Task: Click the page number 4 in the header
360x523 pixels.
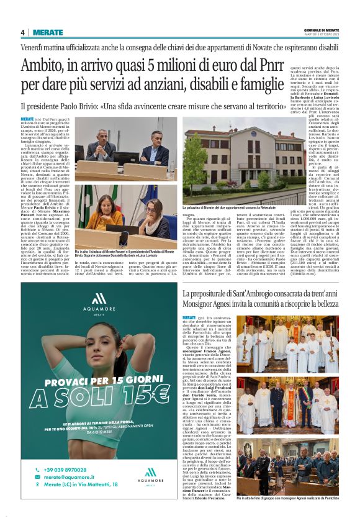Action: [x=22, y=32]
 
